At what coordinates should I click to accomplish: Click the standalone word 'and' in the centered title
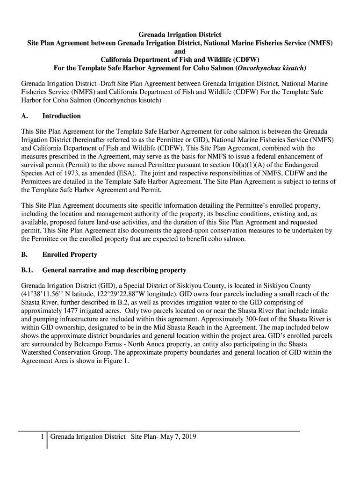pyautogui.click(x=180, y=51)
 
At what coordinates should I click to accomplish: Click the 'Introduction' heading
pyautogui.click(x=61, y=116)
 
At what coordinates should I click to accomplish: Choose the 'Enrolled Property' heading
pyautogui.click(x=70, y=254)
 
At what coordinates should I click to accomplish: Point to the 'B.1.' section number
pyautogui.click(x=28, y=270)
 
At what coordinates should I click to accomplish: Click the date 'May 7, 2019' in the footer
pyautogui.click(x=178, y=437)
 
